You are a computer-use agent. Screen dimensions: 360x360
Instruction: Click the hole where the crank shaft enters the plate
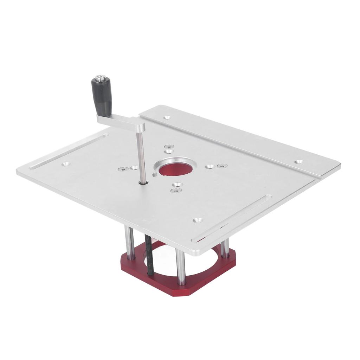[x=143, y=182]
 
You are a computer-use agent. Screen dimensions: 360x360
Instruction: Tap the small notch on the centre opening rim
[x=155, y=174]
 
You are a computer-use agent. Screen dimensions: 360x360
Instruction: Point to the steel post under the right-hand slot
[x=225, y=248]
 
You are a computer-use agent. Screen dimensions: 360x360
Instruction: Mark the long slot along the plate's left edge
[x=69, y=151]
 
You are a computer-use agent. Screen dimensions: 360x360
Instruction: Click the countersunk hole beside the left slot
[x=66, y=164]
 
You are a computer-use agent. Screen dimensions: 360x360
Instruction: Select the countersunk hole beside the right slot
[x=198, y=220]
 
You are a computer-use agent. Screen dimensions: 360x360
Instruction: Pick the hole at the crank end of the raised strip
[x=167, y=117]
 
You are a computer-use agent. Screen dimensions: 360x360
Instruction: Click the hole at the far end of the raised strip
[x=298, y=162]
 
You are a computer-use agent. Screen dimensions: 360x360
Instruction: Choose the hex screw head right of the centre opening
[x=220, y=166]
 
